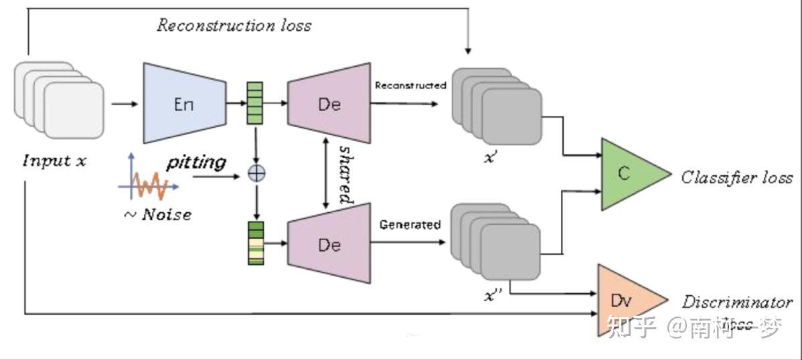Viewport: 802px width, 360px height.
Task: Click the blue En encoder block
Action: pos(183,104)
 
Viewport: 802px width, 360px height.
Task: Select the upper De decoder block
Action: pos(329,104)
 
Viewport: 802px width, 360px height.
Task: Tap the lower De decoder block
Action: pos(329,245)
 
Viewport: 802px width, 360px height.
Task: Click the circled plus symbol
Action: pos(256,173)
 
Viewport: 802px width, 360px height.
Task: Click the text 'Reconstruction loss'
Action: pos(234,25)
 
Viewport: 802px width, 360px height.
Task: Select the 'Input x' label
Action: pos(54,161)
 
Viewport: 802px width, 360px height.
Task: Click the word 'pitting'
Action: pos(196,163)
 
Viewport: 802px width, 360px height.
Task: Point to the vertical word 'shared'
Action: pos(345,173)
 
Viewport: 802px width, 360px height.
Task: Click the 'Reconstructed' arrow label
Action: pos(410,86)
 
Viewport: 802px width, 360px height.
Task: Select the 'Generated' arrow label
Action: pos(410,225)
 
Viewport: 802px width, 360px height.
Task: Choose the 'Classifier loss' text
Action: pos(736,177)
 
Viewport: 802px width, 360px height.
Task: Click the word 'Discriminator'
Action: pos(737,302)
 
